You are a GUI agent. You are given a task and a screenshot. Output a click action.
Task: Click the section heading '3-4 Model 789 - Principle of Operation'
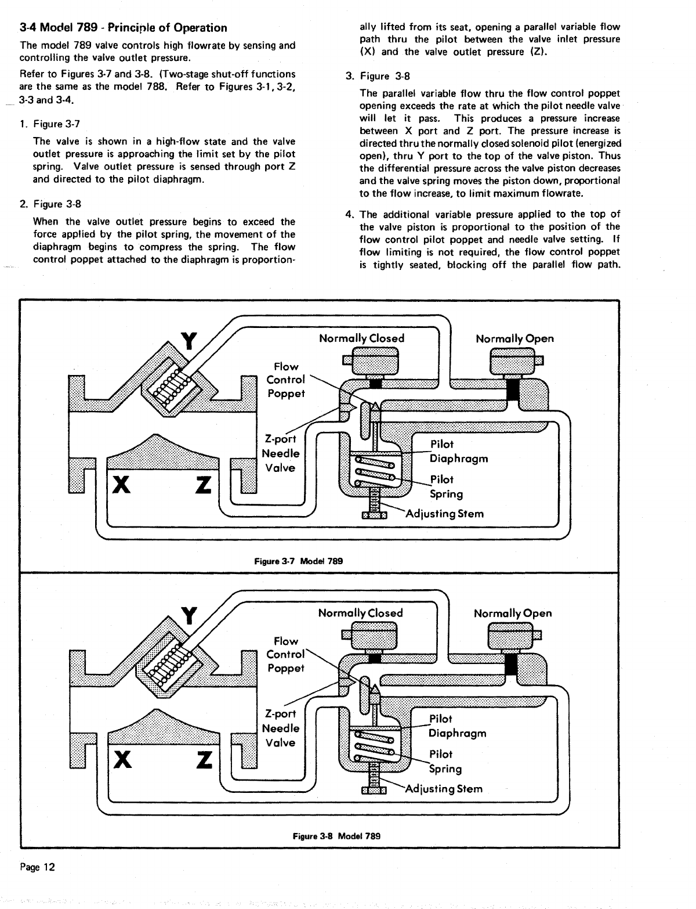123,28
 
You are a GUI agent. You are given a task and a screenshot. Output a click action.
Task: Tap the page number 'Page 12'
37,867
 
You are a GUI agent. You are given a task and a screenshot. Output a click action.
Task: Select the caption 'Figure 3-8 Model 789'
336,836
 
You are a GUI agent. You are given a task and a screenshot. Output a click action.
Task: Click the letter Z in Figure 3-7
204,485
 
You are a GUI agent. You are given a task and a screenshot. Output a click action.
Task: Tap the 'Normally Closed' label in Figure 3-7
361,338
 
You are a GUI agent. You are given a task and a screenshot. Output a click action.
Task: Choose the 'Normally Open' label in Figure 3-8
513,613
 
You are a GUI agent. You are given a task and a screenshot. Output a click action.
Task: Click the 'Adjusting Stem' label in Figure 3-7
444,514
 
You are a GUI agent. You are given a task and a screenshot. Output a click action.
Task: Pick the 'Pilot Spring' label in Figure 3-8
445,762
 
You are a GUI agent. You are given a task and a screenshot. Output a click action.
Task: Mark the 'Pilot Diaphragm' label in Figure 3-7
458,451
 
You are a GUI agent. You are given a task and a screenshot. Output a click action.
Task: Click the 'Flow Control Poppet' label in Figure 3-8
286,654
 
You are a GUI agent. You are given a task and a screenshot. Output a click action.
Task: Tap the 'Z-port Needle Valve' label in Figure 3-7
281,453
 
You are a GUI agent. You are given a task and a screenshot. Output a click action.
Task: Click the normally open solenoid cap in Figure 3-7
513,362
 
